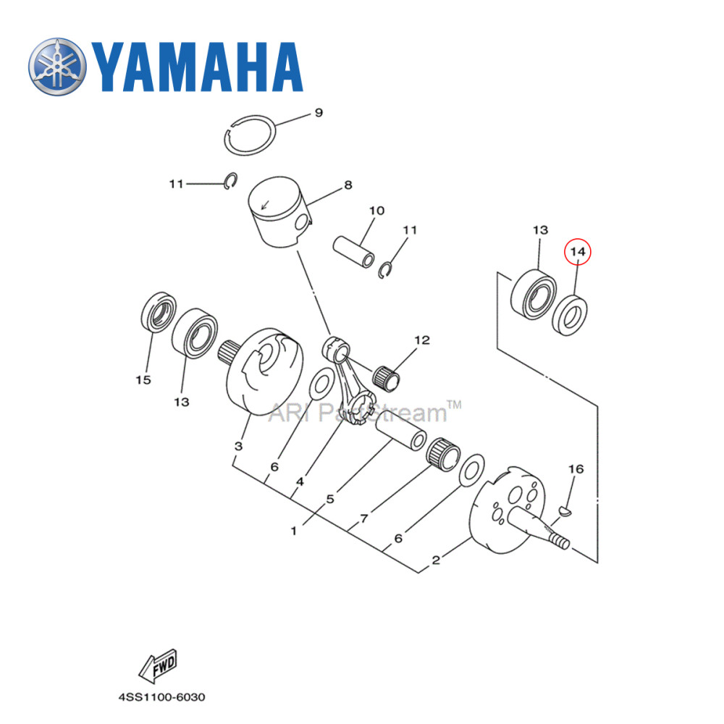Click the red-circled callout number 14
pos(578,251)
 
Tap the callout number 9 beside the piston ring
pos(318,113)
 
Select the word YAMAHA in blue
pos(195,67)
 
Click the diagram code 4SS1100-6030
pos(162,698)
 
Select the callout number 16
pos(576,469)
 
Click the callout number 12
pos(422,340)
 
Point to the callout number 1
pos(294,531)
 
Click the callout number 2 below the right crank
pos(436,560)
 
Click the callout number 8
pos(348,185)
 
